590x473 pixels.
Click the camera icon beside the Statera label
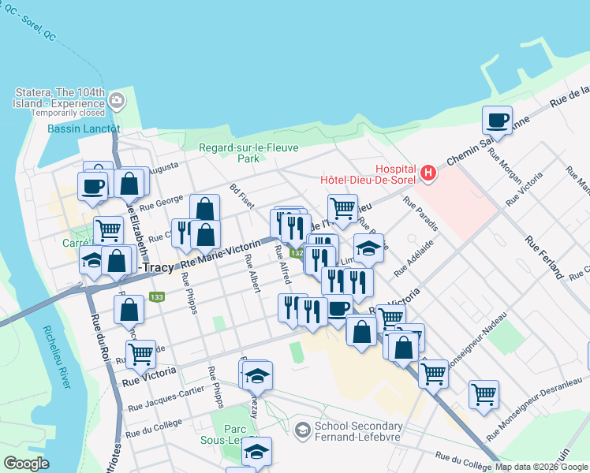click(x=118, y=100)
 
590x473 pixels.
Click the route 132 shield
click(x=296, y=253)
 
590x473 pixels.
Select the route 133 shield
click(x=156, y=297)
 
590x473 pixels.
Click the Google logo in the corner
click(x=26, y=464)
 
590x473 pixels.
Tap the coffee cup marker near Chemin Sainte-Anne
click(x=497, y=121)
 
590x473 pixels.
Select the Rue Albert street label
click(x=252, y=273)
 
